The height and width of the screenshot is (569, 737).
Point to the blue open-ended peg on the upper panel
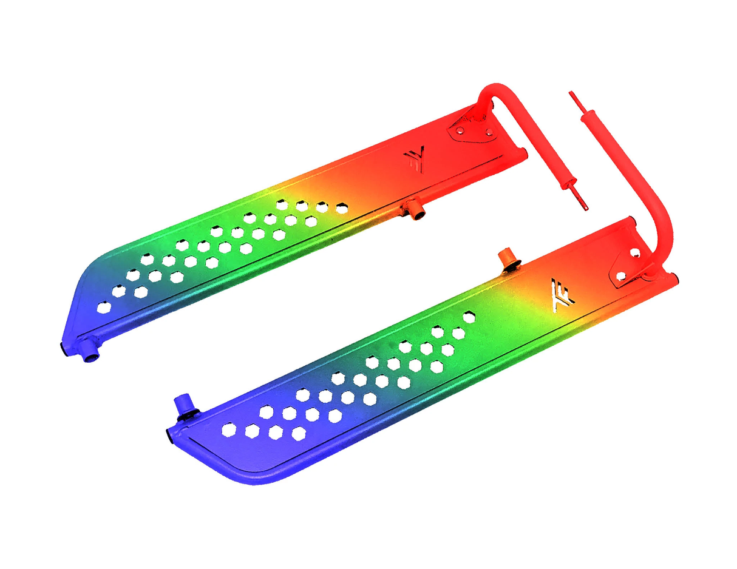(90, 352)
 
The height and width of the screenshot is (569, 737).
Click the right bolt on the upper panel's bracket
(489, 131)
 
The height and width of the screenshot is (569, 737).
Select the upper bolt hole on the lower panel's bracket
(634, 251)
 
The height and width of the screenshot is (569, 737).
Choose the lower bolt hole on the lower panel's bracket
(620, 277)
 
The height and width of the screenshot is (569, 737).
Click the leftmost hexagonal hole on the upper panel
(103, 307)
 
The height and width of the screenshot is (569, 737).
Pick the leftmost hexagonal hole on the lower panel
(229, 429)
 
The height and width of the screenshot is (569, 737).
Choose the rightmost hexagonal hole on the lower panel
(469, 317)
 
